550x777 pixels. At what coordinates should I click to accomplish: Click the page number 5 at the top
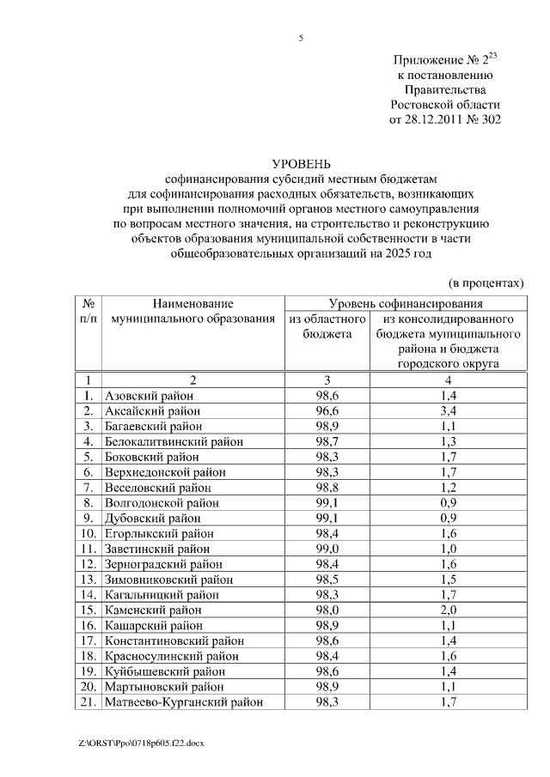click(301, 38)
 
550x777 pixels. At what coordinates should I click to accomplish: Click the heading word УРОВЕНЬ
click(301, 163)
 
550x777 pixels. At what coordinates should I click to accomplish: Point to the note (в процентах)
click(486, 282)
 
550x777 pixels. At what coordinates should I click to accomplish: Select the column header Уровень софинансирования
click(406, 304)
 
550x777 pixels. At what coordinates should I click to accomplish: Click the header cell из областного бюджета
click(327, 326)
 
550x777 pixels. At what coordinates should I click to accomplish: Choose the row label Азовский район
click(149, 395)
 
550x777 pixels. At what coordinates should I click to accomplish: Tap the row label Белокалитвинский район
click(173, 441)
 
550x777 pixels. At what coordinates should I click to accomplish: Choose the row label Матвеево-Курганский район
click(183, 702)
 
